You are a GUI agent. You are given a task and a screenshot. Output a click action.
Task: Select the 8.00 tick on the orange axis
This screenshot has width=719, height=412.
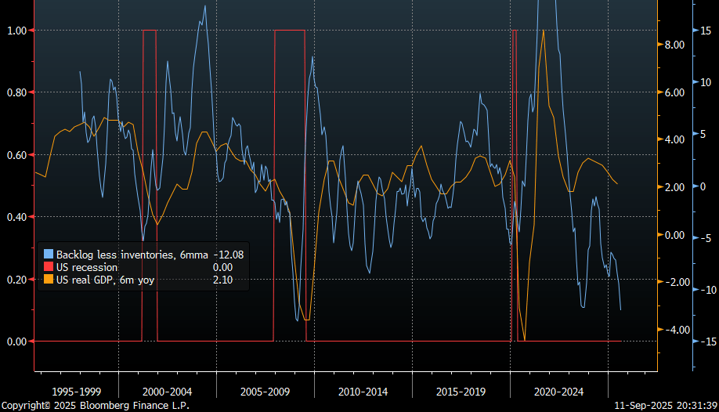674,45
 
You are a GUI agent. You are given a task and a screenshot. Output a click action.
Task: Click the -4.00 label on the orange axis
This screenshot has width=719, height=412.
674,330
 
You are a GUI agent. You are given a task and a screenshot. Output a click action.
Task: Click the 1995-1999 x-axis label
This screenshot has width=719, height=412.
76,391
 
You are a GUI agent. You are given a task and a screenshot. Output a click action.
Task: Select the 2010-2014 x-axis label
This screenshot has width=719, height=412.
363,391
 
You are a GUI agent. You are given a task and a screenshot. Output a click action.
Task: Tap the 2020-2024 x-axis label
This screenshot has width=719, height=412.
558,391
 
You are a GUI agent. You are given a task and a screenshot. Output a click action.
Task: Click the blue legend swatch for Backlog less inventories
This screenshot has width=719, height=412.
49,255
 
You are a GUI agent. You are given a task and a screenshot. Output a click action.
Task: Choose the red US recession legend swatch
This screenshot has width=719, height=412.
49,267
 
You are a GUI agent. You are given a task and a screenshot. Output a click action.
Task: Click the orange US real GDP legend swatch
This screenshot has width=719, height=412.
49,280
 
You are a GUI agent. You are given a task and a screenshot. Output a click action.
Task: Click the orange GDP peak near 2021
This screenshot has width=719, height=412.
544,30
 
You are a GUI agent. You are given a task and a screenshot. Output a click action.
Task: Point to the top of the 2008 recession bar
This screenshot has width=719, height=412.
289,30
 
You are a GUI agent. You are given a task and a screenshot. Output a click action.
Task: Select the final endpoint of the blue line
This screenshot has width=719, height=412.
621,310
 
